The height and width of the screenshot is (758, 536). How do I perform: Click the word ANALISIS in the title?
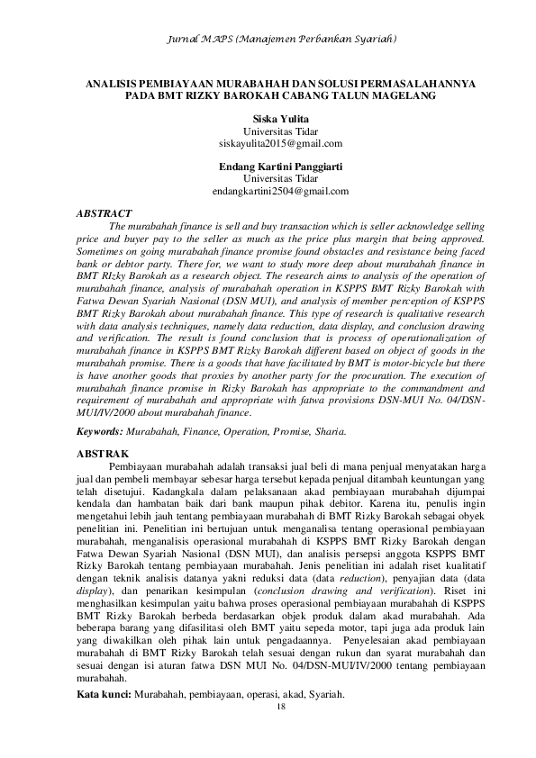coord(113,82)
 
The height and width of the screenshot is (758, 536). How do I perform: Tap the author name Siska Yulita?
coord(280,119)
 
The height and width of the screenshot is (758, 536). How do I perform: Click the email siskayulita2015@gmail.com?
coord(280,143)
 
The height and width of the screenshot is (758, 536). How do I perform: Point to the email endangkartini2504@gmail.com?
coord(280,191)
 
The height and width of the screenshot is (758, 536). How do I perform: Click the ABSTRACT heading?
coord(104,213)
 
